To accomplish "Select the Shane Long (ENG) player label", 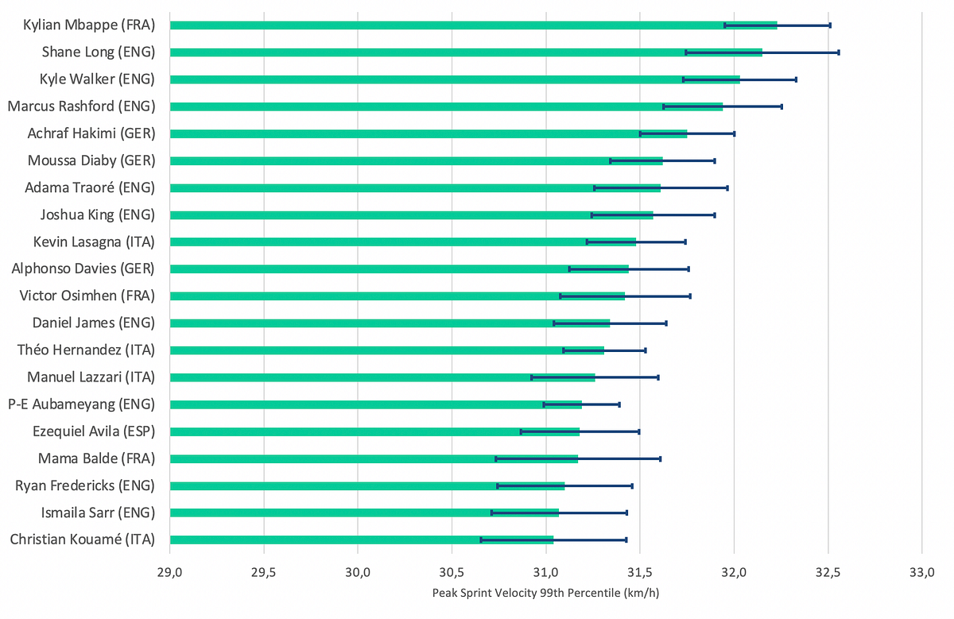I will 98,52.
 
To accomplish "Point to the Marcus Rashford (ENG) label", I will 81,106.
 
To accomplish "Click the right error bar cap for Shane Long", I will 839,52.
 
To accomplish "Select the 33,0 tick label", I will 921,571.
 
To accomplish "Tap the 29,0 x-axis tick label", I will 170,571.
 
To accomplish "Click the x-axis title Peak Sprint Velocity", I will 545,593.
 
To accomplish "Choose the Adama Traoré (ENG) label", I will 90,188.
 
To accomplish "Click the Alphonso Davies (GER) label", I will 83,269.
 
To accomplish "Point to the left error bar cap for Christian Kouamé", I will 481,540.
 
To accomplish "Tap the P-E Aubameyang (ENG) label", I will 81,404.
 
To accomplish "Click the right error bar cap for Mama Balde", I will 660,458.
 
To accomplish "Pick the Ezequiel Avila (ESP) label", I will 94,431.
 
